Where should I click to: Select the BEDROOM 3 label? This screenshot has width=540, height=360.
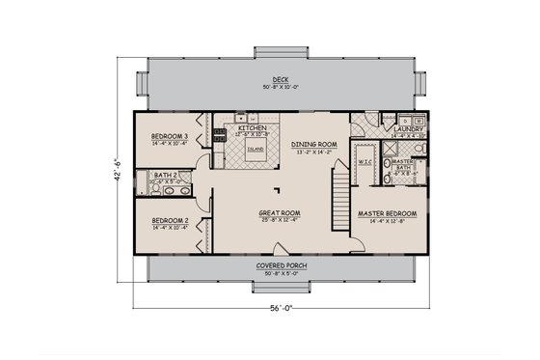pyautogui.click(x=169, y=137)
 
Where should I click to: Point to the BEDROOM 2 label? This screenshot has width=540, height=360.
pyautogui.click(x=169, y=220)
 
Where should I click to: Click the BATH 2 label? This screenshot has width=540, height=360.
pyautogui.click(x=164, y=174)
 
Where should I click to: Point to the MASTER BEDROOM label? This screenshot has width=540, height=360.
pyautogui.click(x=386, y=212)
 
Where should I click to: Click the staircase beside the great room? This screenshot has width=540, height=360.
pyautogui.click(x=339, y=199)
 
